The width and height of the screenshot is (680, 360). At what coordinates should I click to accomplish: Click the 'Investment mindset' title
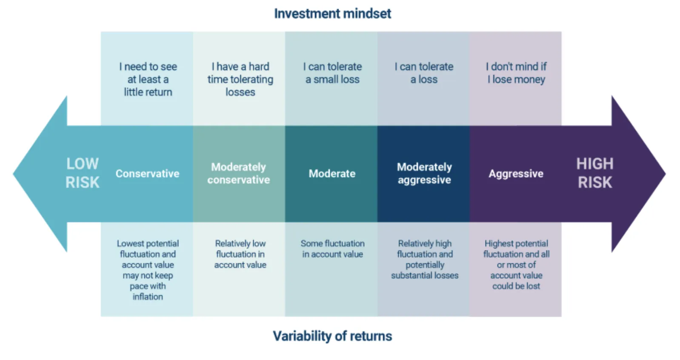(x=332, y=14)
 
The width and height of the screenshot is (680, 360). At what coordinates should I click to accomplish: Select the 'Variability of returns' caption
(x=332, y=336)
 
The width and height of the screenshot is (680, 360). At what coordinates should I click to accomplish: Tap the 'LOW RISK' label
(x=82, y=173)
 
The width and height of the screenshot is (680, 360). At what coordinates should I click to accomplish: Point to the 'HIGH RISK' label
(x=595, y=173)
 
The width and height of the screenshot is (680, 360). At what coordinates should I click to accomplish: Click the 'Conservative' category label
(x=147, y=174)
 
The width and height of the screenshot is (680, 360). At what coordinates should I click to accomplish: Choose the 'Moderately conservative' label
(x=239, y=174)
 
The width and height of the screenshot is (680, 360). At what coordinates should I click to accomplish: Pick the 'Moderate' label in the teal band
(x=332, y=174)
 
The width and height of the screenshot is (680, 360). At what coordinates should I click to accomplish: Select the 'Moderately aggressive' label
(x=424, y=174)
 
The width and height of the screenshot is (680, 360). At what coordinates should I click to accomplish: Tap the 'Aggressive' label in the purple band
(x=516, y=174)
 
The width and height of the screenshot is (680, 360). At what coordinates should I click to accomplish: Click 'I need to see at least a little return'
(x=148, y=80)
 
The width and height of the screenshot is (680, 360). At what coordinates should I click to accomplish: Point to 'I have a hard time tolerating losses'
(x=240, y=80)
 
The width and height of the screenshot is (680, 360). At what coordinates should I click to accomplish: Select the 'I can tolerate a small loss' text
(x=332, y=73)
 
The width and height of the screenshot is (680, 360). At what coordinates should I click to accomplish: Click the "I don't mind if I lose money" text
(x=516, y=73)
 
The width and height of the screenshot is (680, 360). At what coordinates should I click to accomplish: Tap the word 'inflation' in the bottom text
(x=148, y=297)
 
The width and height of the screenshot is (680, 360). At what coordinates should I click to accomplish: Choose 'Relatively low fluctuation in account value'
(x=240, y=254)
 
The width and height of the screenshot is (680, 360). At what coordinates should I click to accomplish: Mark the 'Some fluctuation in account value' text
(x=332, y=249)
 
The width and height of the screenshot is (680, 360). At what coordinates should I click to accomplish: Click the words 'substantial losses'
(x=425, y=276)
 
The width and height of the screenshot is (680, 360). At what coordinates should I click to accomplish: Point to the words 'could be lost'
(x=516, y=286)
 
